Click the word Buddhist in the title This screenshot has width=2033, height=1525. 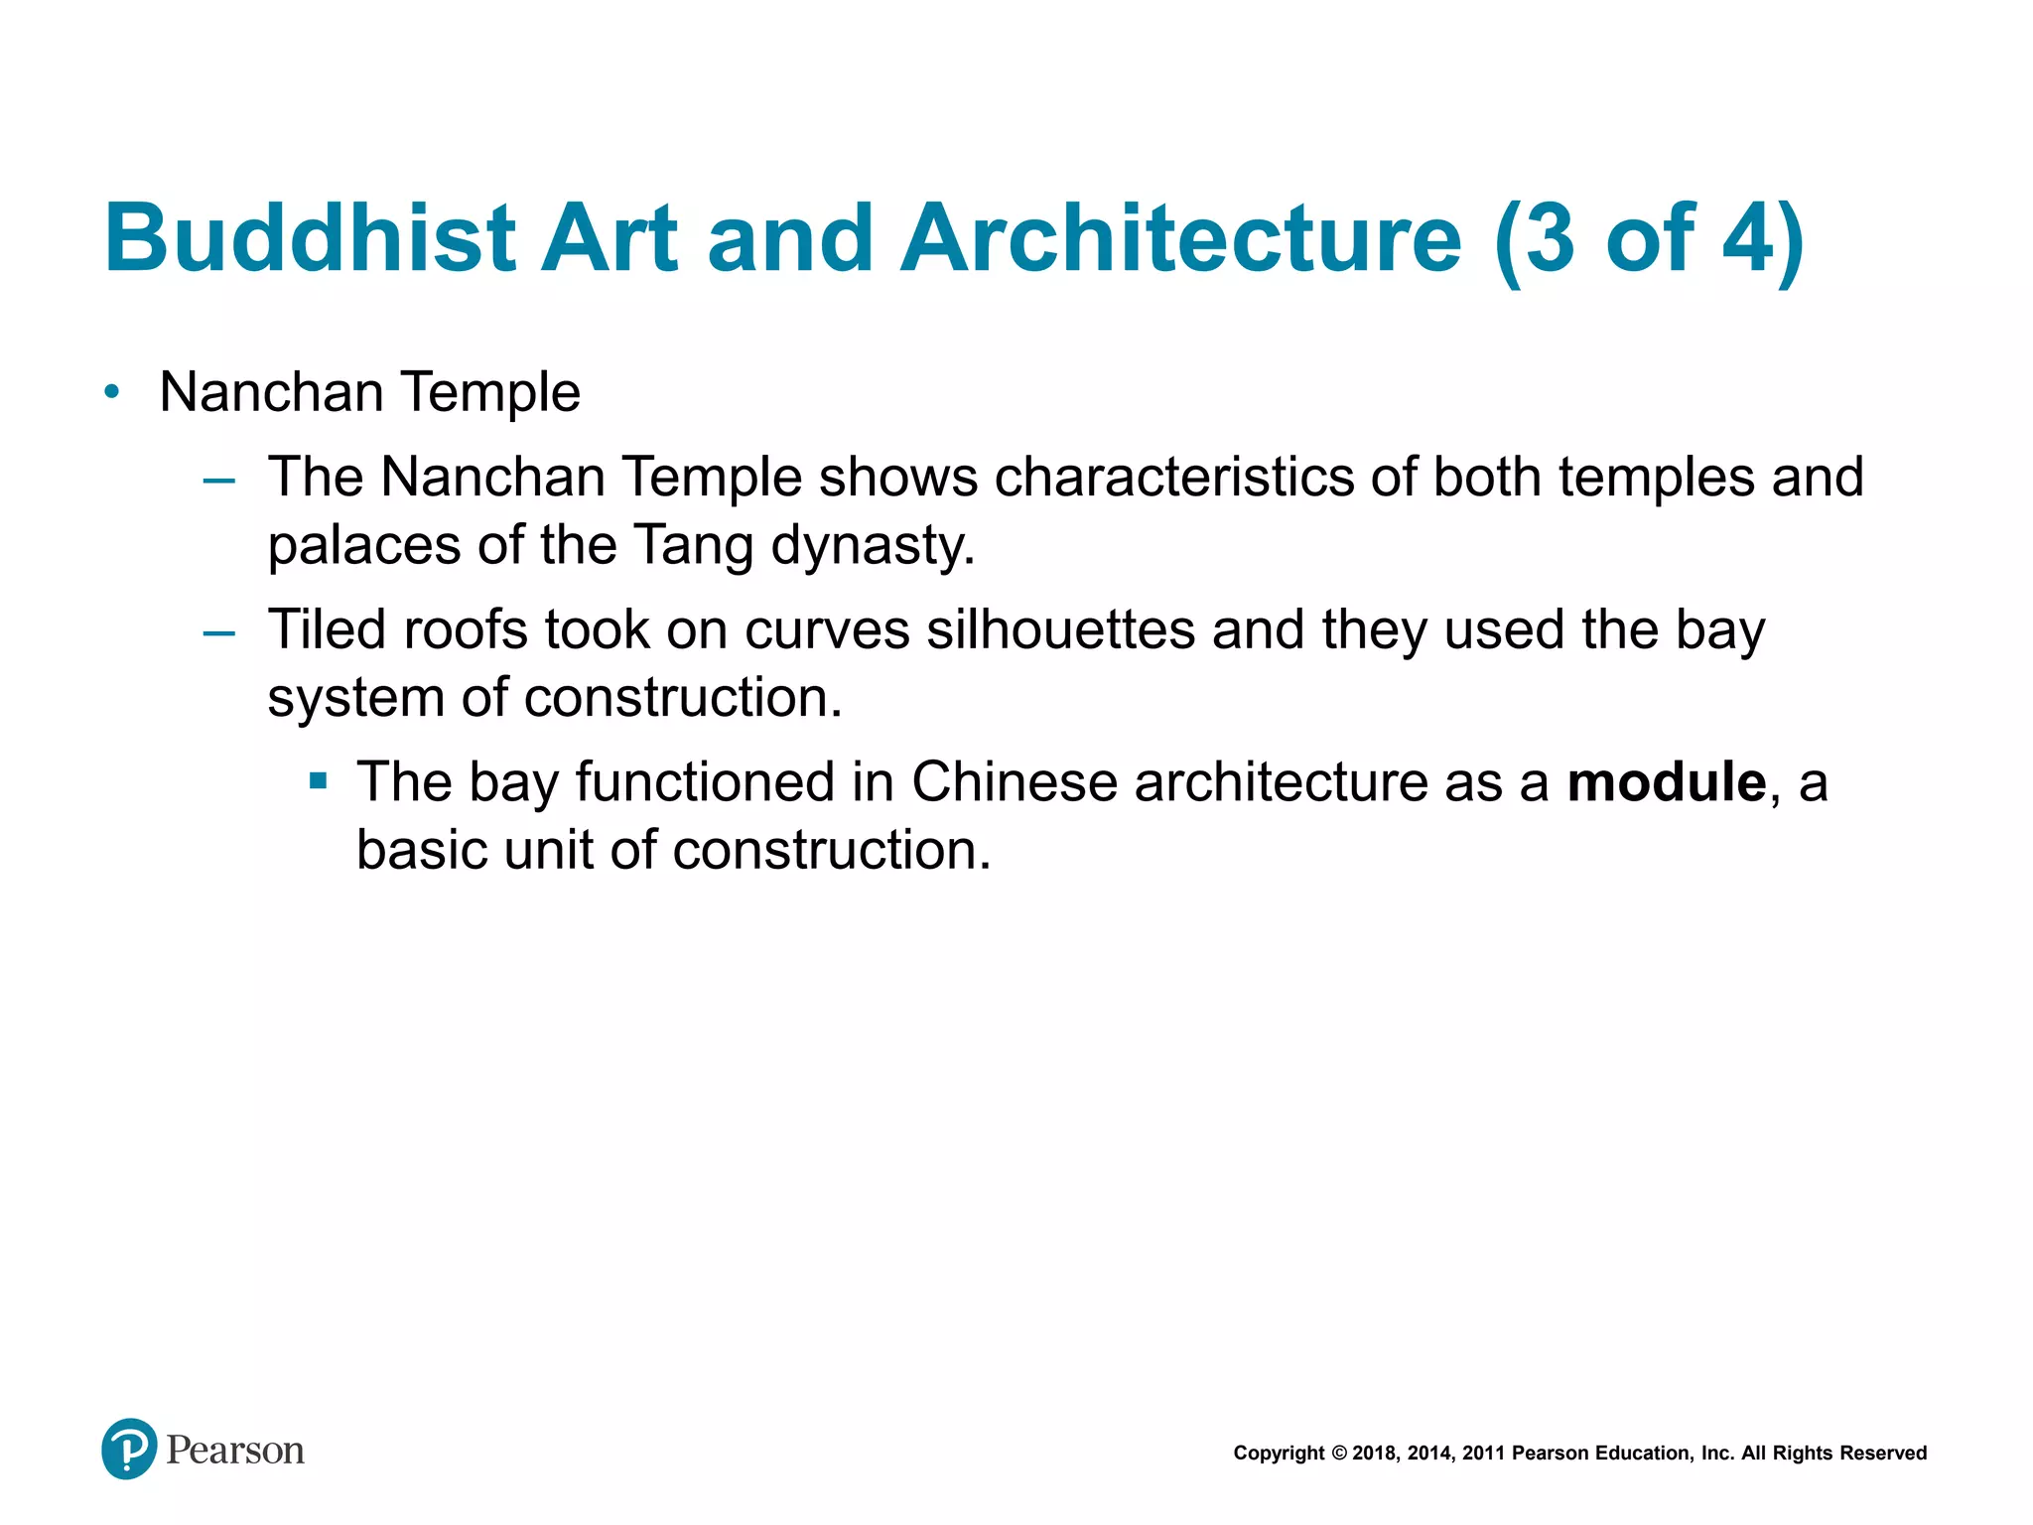tap(310, 238)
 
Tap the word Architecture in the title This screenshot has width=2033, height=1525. tap(1180, 238)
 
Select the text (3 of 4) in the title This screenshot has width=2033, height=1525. tap(1649, 238)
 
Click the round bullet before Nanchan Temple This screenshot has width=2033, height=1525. tap(112, 392)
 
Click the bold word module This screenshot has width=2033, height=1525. tap(1666, 781)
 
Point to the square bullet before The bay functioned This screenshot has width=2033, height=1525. tap(318, 781)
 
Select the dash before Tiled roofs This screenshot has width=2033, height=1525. tap(218, 634)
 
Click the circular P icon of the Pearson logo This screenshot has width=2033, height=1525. tap(129, 1449)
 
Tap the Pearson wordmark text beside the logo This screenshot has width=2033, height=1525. tap(235, 1451)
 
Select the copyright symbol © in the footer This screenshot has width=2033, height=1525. tap(1338, 1454)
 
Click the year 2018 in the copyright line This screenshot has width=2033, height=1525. tap(1375, 1454)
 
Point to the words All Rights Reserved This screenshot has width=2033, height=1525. tap(1833, 1454)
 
